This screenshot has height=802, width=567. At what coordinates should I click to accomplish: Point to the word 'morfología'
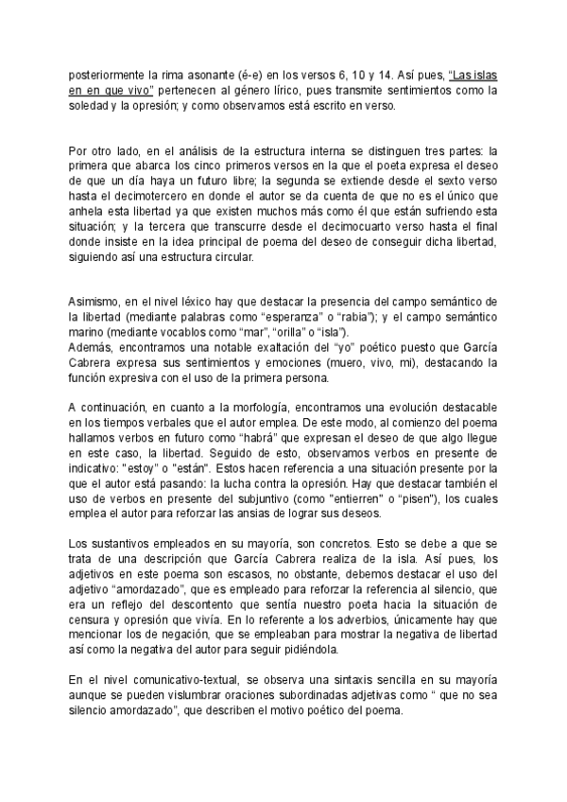coord(238,409)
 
